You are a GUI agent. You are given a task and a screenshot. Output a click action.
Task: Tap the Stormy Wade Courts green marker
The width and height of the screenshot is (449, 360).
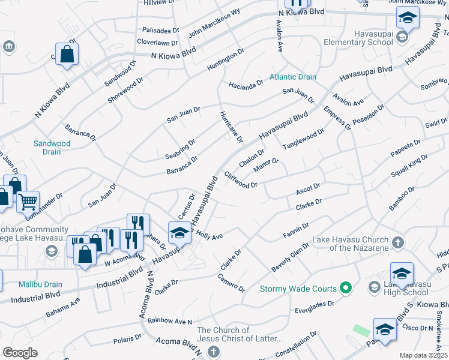pos(345,289)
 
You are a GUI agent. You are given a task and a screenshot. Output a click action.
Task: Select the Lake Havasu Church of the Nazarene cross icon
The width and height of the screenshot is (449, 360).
pos(396,244)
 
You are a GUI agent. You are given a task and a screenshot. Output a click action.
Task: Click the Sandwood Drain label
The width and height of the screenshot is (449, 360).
pos(52,148)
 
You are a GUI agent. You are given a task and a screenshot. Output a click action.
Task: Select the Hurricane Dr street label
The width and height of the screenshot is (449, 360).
pos(231,127)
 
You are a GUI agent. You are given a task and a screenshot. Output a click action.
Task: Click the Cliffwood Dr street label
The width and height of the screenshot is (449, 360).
pos(241,179)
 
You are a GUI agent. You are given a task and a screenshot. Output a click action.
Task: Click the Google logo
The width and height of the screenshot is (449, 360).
pos(20,353)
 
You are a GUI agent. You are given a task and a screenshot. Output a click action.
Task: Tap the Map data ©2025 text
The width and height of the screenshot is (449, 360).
pos(424,355)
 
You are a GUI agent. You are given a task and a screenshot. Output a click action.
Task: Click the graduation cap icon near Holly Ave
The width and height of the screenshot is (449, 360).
pos(179,233)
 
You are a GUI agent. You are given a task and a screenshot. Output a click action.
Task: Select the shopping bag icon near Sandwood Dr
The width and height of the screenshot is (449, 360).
pos(67,54)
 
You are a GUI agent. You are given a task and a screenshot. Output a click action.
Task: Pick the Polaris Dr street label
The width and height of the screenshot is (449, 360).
pos(127,340)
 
